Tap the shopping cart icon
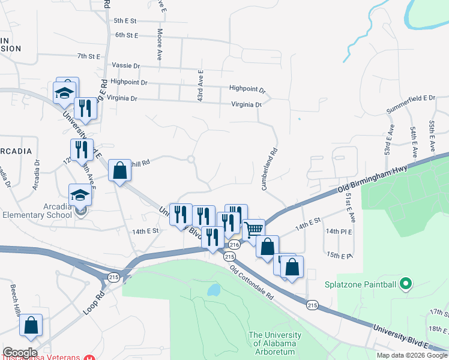255,229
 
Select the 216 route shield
234,245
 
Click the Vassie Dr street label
125,65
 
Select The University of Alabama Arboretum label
275,343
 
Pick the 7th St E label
89,56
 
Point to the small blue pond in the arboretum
213,290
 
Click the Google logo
20,353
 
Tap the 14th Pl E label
340,231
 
